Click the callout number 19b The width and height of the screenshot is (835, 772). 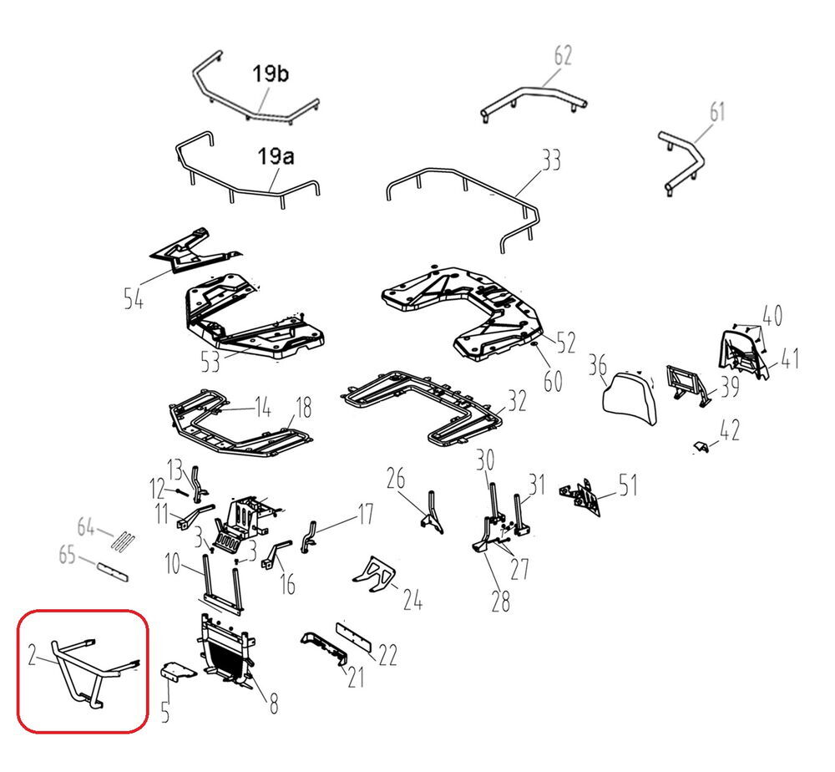270,74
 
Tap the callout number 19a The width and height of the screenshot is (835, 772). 276,156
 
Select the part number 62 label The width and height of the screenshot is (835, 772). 563,55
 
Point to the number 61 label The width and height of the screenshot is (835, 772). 717,112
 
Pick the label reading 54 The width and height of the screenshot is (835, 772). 133,298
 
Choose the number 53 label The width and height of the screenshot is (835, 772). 210,363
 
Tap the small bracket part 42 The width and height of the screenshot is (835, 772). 702,447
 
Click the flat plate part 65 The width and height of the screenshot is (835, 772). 113,570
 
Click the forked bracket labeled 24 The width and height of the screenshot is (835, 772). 374,574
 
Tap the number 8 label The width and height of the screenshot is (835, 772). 273,703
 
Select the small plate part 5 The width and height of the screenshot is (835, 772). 178,671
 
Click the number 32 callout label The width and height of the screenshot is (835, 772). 517,401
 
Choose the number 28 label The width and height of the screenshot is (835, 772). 500,602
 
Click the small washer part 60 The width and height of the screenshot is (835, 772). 534,346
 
